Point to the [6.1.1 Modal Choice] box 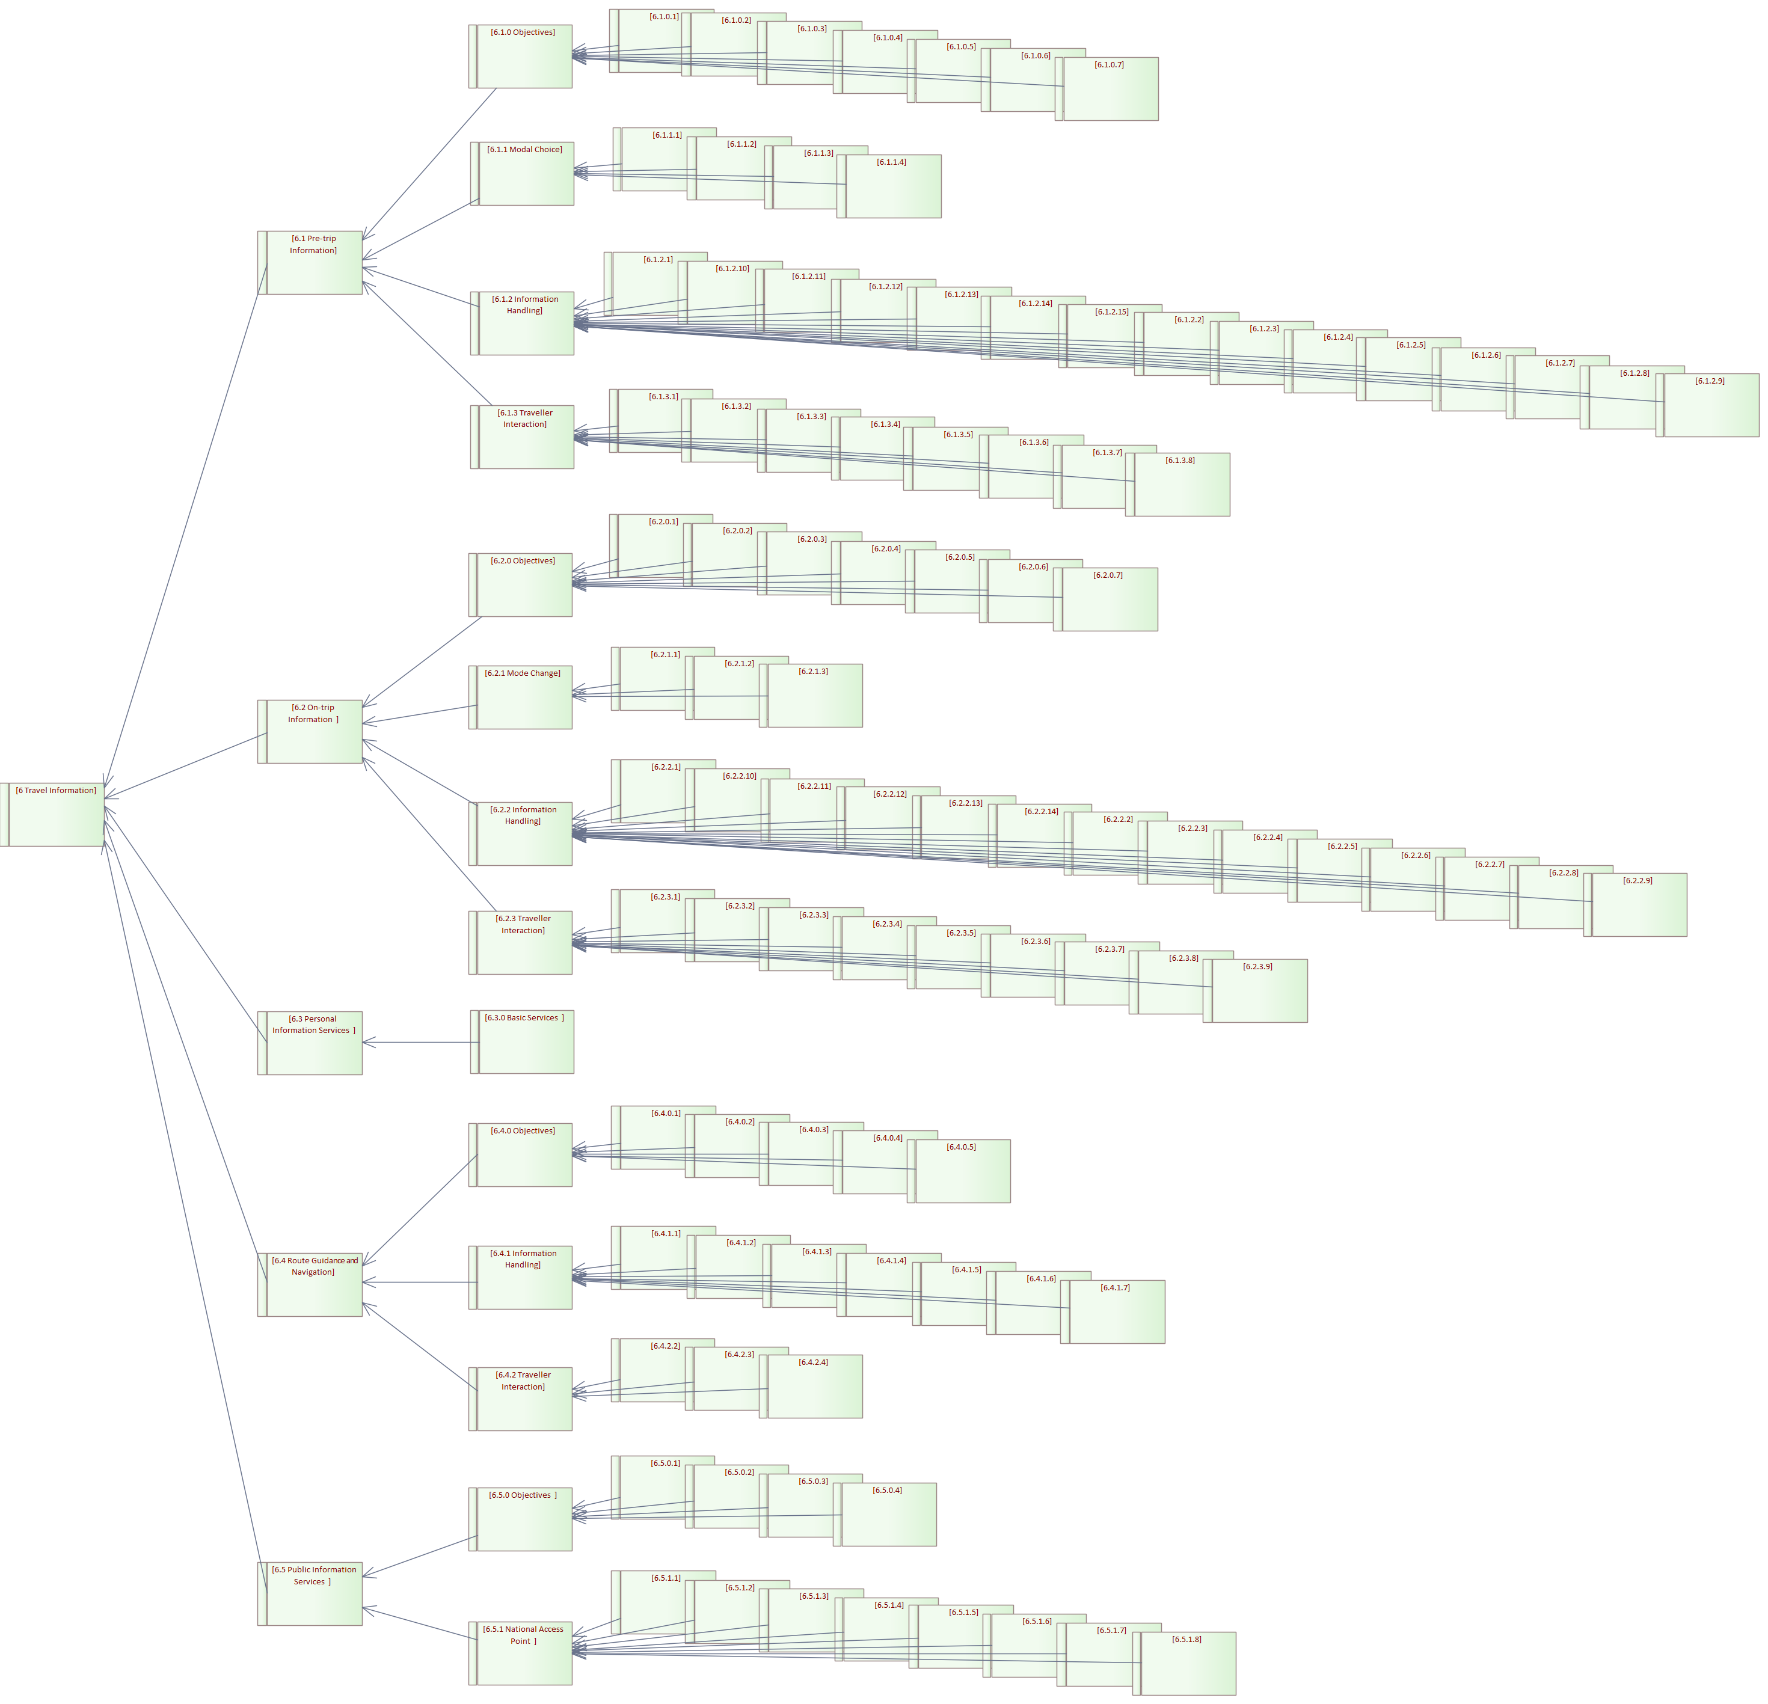click(526, 174)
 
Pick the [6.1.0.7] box click(1110, 90)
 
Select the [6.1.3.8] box click(1182, 485)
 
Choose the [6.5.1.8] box click(1188, 1664)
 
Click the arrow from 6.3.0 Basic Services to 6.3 click(420, 1043)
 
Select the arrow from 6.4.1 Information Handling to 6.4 click(420, 1282)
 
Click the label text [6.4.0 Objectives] click(523, 1130)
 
